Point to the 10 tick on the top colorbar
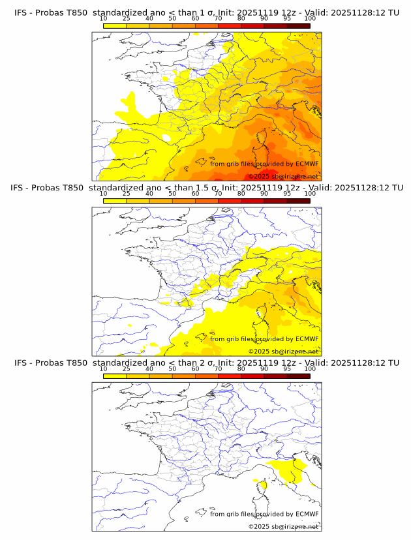click(104, 19)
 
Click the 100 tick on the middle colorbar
click(310, 194)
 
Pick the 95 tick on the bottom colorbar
click(287, 368)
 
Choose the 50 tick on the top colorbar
click(172, 19)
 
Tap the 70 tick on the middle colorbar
click(218, 194)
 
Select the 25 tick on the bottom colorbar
click(127, 368)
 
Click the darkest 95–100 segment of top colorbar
click(298, 25)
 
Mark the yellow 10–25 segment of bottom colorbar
click(115, 375)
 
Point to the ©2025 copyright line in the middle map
click(283, 352)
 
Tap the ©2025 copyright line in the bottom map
click(283, 526)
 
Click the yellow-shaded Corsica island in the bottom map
click(263, 485)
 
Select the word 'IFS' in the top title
click(21, 13)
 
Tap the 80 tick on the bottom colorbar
click(241, 368)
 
